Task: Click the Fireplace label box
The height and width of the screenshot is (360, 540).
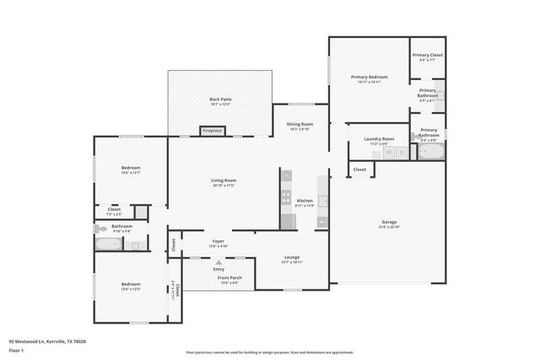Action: tap(213, 131)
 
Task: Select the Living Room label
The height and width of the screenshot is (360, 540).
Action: tap(223, 180)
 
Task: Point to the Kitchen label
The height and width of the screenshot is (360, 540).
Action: tap(305, 201)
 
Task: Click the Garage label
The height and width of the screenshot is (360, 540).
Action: tap(388, 223)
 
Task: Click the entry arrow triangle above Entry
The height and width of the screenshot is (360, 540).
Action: tap(219, 263)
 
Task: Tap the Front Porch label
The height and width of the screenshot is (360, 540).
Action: tap(229, 279)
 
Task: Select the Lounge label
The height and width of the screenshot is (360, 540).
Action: tap(292, 258)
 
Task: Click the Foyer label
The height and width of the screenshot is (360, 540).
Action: tap(219, 242)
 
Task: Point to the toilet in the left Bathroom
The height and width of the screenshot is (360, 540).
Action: tap(100, 228)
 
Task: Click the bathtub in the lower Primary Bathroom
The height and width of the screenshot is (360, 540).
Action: tap(430, 153)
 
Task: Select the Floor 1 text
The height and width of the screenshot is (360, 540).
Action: tap(16, 350)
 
